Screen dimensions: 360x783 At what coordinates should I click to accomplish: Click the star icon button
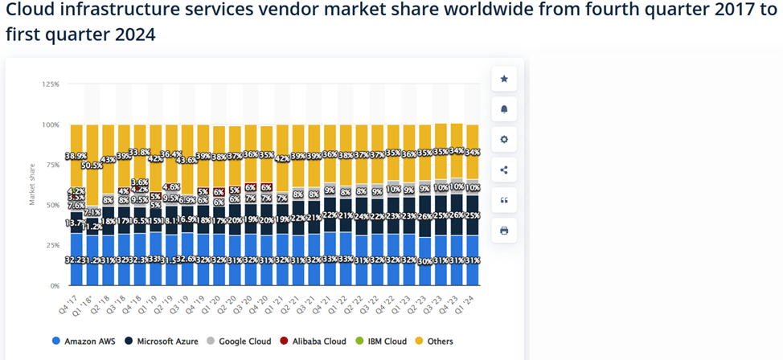(504, 79)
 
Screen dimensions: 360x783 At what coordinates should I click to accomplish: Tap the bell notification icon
(504, 109)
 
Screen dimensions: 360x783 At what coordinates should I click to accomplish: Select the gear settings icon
(504, 140)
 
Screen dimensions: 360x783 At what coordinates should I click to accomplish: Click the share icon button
(504, 170)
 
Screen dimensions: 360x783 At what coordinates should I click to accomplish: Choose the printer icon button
(504, 231)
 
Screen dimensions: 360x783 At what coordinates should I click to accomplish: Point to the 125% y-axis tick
(50, 84)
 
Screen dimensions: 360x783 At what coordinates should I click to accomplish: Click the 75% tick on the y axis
(51, 165)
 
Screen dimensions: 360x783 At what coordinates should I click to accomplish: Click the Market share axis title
(33, 185)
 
